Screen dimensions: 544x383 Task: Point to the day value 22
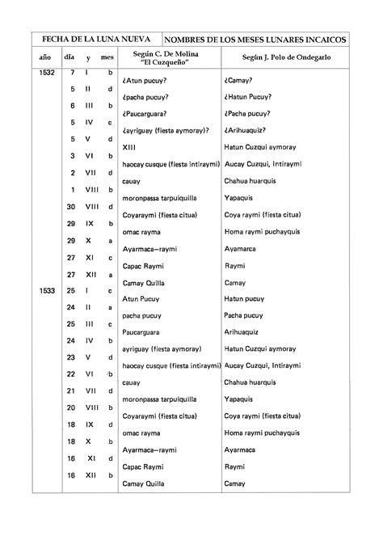click(71, 374)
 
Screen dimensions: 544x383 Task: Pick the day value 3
click(73, 155)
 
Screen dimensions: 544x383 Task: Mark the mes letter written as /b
click(109, 374)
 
